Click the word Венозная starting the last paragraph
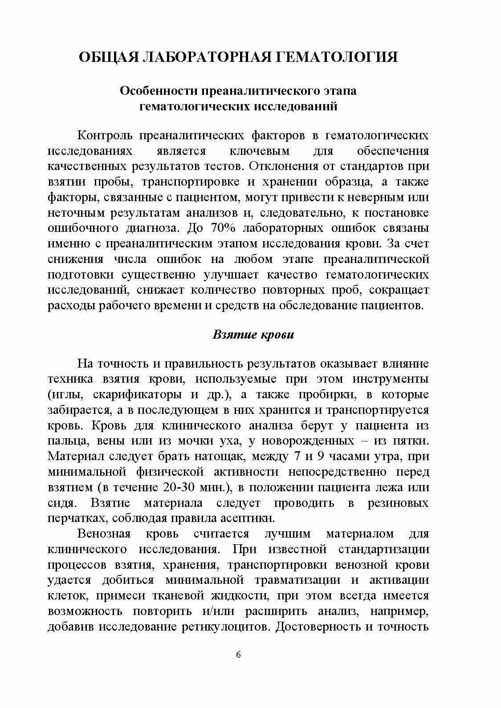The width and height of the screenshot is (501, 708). (104, 534)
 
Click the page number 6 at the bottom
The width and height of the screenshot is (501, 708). (238, 655)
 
